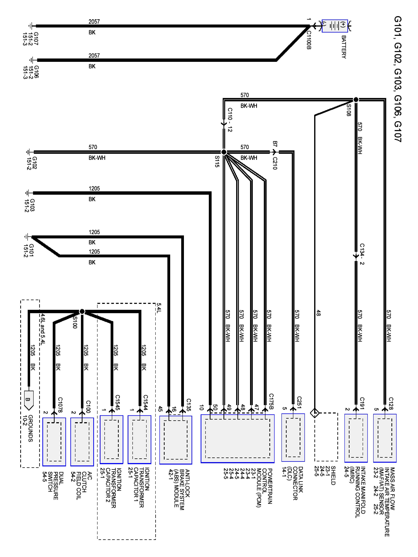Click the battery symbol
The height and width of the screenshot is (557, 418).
tap(335, 26)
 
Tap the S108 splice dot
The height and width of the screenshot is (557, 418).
tap(356, 100)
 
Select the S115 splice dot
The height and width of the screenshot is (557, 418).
tap(224, 152)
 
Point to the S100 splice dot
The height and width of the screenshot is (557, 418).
tap(82, 312)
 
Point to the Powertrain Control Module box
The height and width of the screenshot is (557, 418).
tap(237, 438)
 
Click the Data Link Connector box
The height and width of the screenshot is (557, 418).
tap(293, 437)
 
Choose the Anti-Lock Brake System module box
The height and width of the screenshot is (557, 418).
tap(176, 440)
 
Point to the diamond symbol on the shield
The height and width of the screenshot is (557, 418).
tap(315, 413)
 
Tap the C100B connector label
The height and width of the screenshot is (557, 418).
tap(309, 40)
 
